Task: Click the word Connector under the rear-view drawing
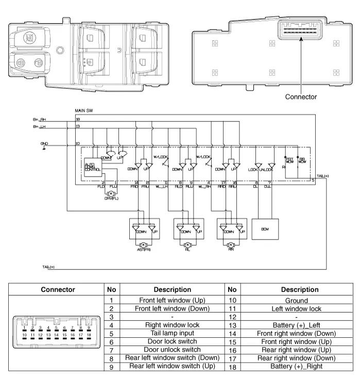tap(301, 96)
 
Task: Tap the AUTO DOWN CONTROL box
tap(93, 167)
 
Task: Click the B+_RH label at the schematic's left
tap(40, 119)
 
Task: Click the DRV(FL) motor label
tap(111, 198)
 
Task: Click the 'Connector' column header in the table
tap(58, 289)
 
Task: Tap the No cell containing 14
tap(232, 333)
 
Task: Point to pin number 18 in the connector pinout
tap(89, 335)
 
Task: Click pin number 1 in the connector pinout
tap(24, 328)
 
